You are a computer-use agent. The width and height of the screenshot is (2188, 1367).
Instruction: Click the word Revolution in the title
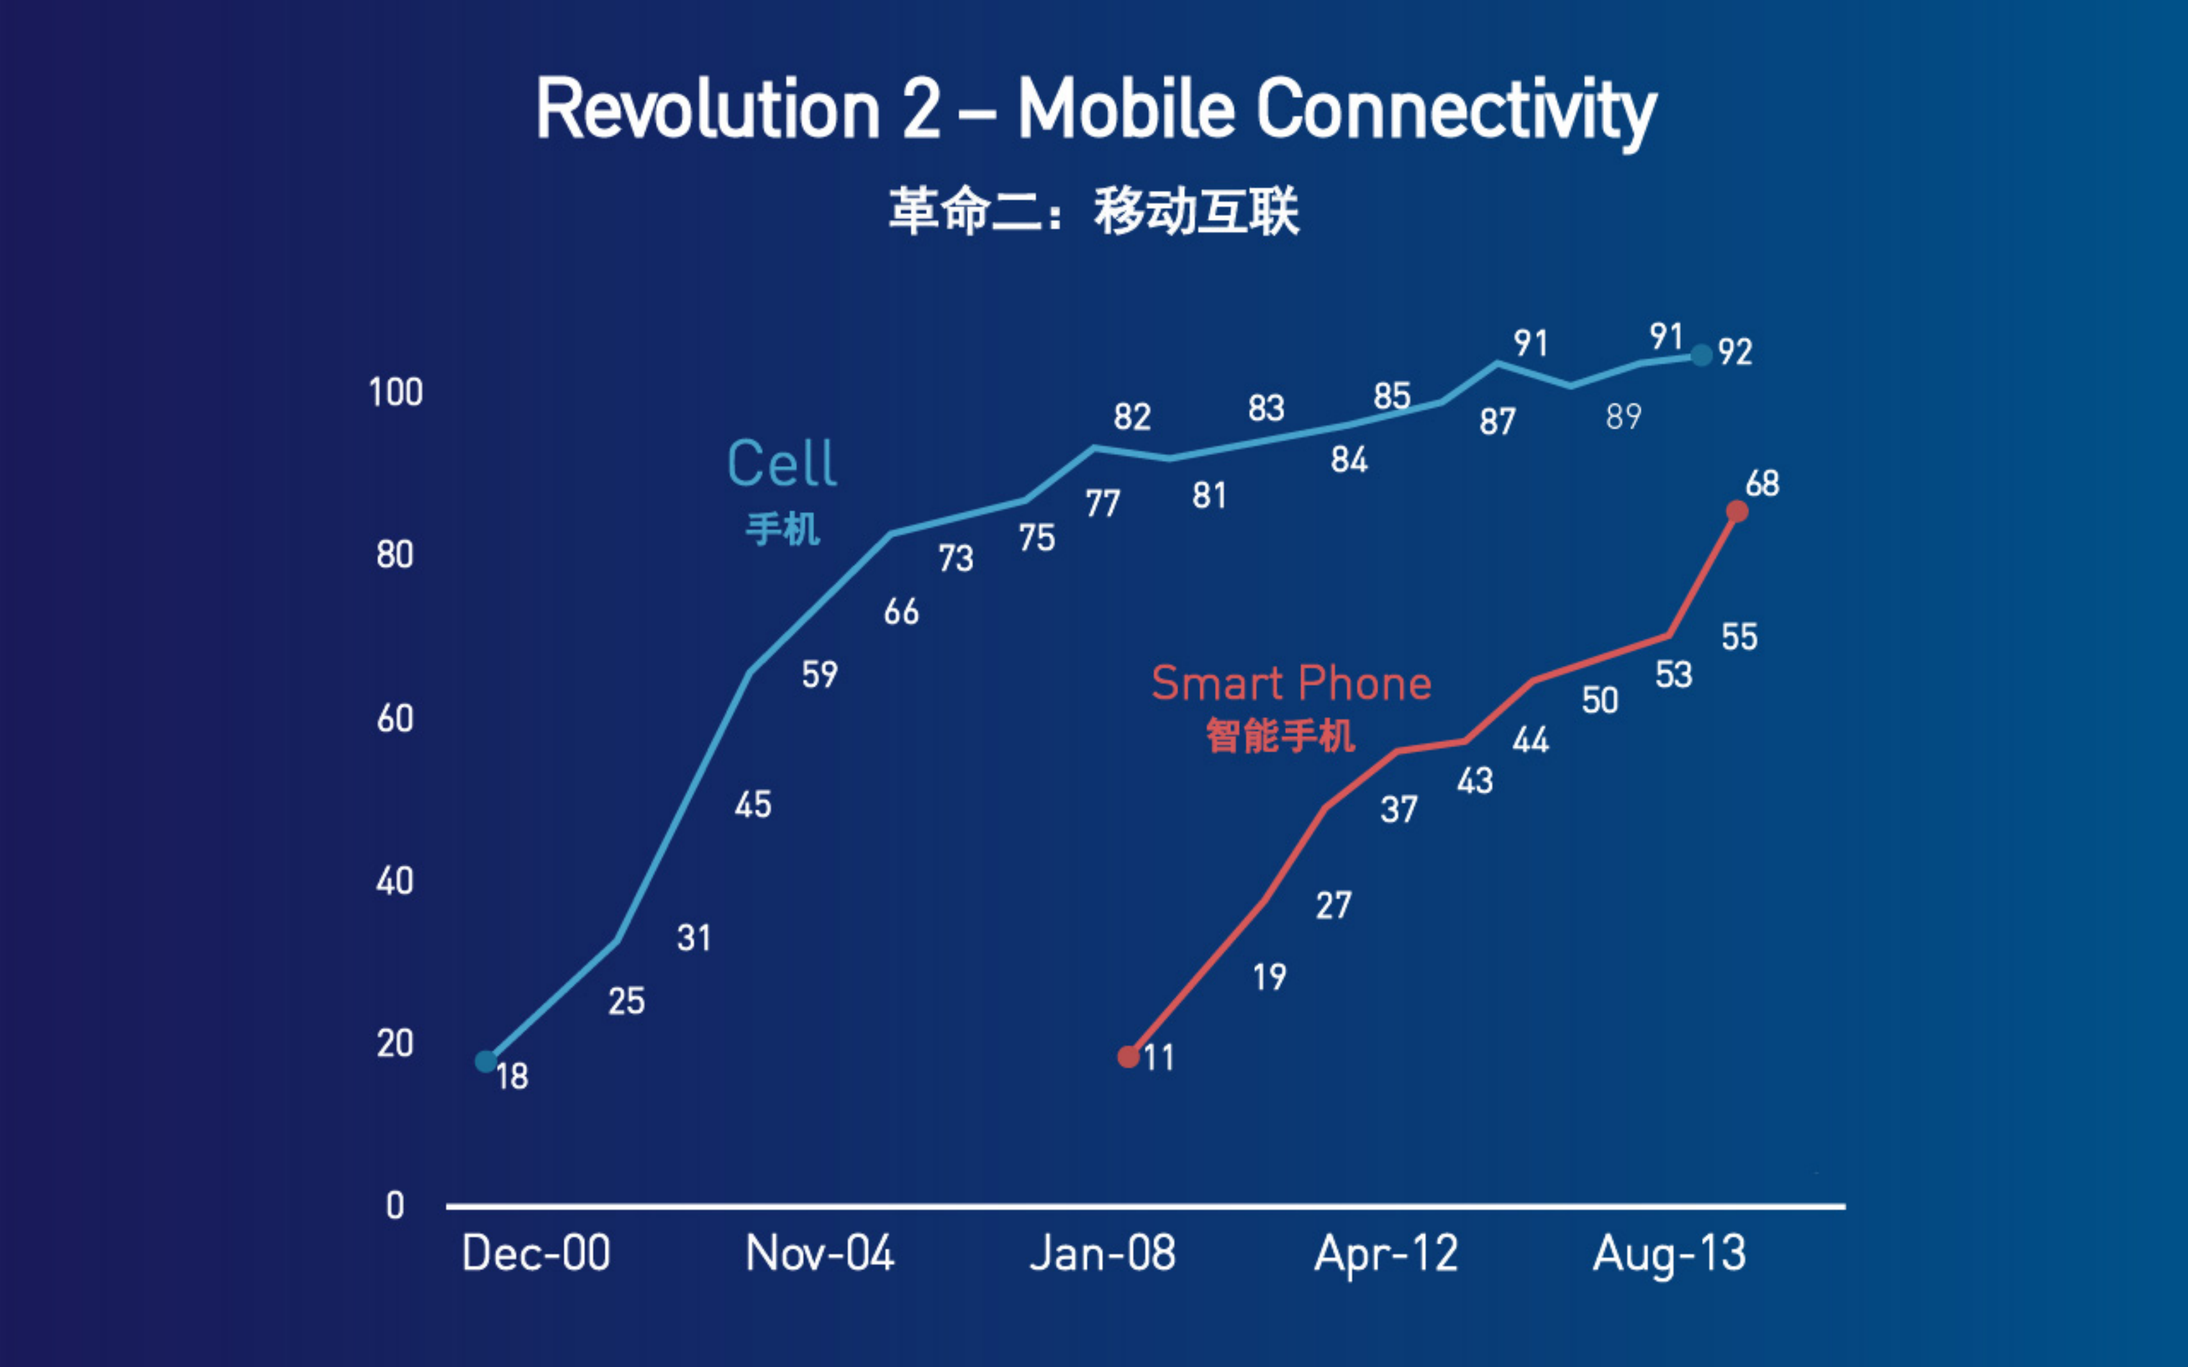(x=708, y=110)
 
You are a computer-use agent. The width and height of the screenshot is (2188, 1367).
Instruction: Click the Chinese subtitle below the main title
(x=1093, y=211)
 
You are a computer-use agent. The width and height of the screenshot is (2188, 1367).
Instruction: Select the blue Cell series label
(x=782, y=464)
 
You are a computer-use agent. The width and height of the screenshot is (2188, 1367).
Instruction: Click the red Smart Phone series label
(x=1291, y=683)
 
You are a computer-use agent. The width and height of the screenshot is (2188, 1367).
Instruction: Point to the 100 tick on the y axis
(x=395, y=392)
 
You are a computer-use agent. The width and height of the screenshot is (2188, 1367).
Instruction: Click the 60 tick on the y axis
(x=395, y=719)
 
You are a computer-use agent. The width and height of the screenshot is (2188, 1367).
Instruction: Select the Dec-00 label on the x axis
(x=536, y=1254)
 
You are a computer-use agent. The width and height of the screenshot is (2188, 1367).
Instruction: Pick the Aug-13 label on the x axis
(x=1669, y=1254)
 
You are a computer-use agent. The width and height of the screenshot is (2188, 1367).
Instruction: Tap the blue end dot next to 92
(x=1701, y=355)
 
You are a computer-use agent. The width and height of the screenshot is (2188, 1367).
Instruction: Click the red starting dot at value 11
(x=1128, y=1057)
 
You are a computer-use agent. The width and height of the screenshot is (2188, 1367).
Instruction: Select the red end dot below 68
(x=1737, y=511)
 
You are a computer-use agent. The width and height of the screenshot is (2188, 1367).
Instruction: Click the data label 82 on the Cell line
(x=1132, y=417)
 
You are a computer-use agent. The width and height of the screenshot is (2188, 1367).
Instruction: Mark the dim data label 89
(x=1623, y=417)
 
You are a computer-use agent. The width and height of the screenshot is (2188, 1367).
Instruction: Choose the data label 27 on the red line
(x=1333, y=905)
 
